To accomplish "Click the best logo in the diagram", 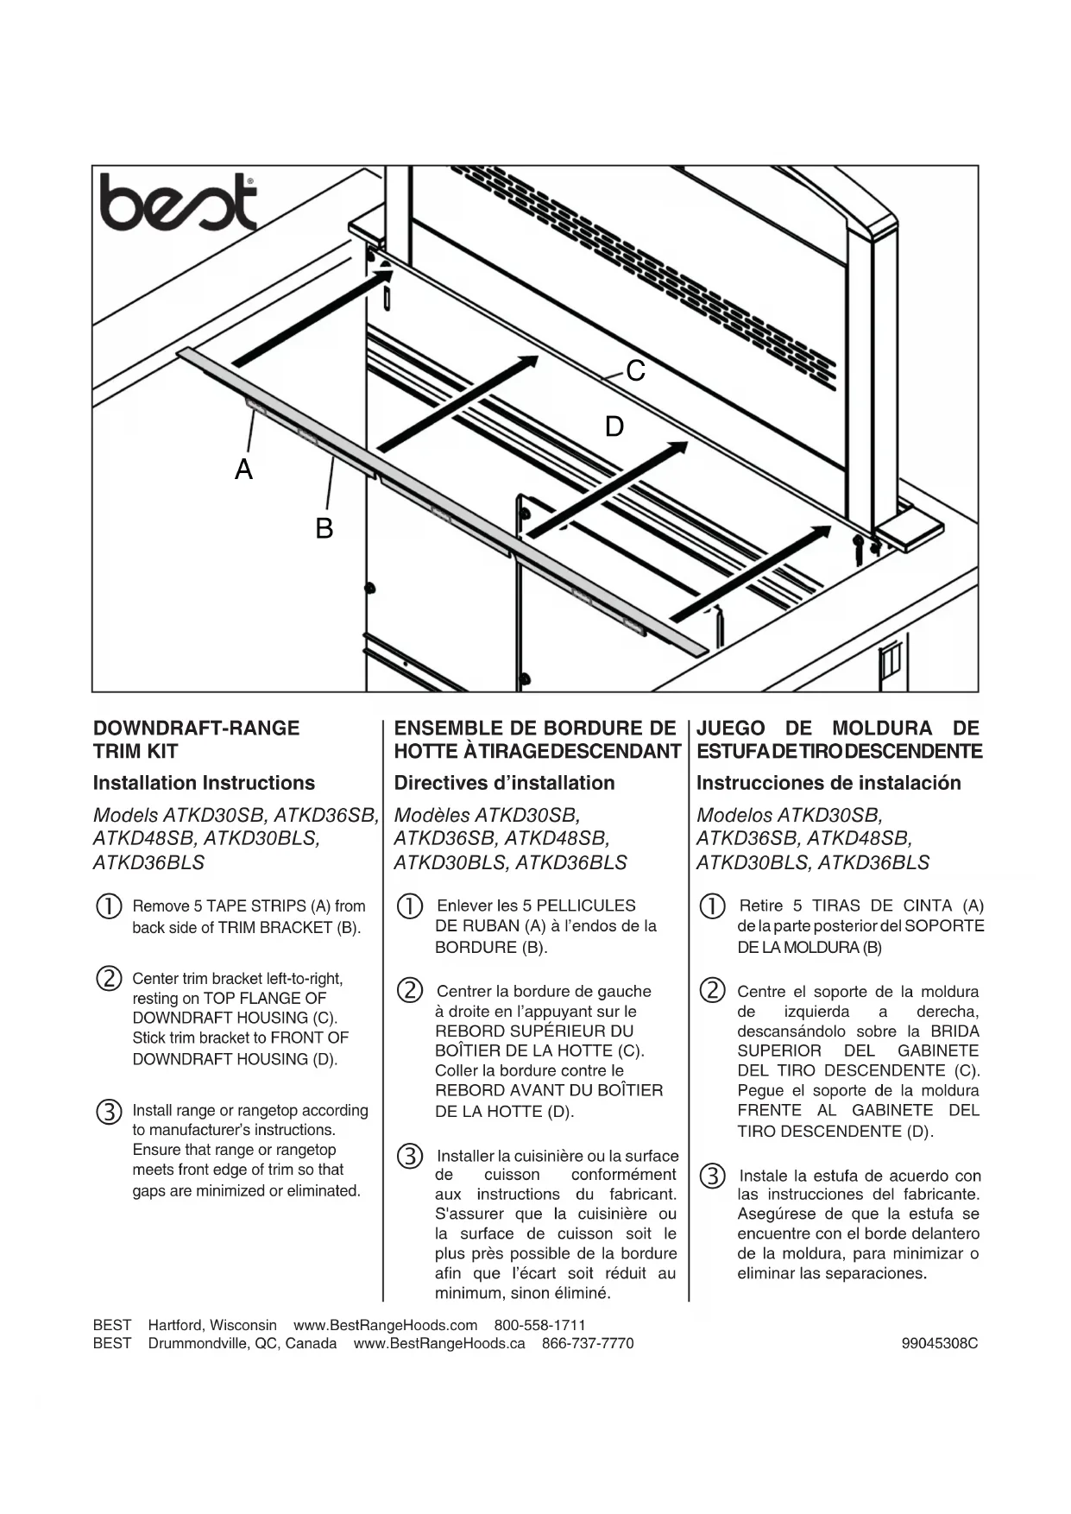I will point(179,202).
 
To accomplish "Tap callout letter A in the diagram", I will point(244,470).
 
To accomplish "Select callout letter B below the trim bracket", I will point(324,528).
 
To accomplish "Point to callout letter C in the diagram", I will point(636,371).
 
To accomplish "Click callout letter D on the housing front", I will point(614,426).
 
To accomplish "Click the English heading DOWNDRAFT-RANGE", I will point(197,728).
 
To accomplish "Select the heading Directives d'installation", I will point(504,783).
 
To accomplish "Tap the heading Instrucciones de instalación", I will point(828,783).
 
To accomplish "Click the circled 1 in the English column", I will point(109,906).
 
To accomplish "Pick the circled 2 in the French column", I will point(410,990).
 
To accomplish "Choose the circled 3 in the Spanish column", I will point(712,1176).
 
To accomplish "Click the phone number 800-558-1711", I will point(539,1325).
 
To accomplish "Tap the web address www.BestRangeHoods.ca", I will point(439,1343).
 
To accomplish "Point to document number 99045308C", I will point(940,1343).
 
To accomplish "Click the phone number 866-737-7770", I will point(588,1343).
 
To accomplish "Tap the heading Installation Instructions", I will point(204,783).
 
